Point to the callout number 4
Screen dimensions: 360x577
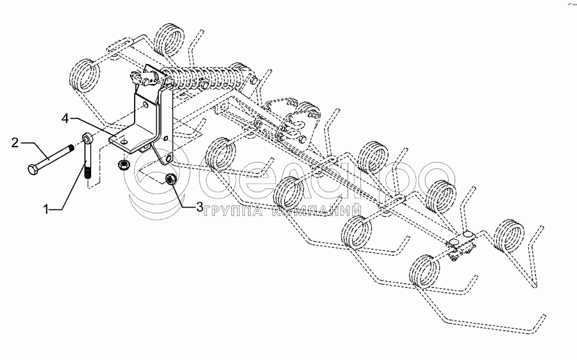click(66, 118)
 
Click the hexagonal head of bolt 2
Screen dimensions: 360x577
click(33, 170)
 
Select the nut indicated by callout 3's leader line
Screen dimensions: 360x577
click(171, 180)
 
